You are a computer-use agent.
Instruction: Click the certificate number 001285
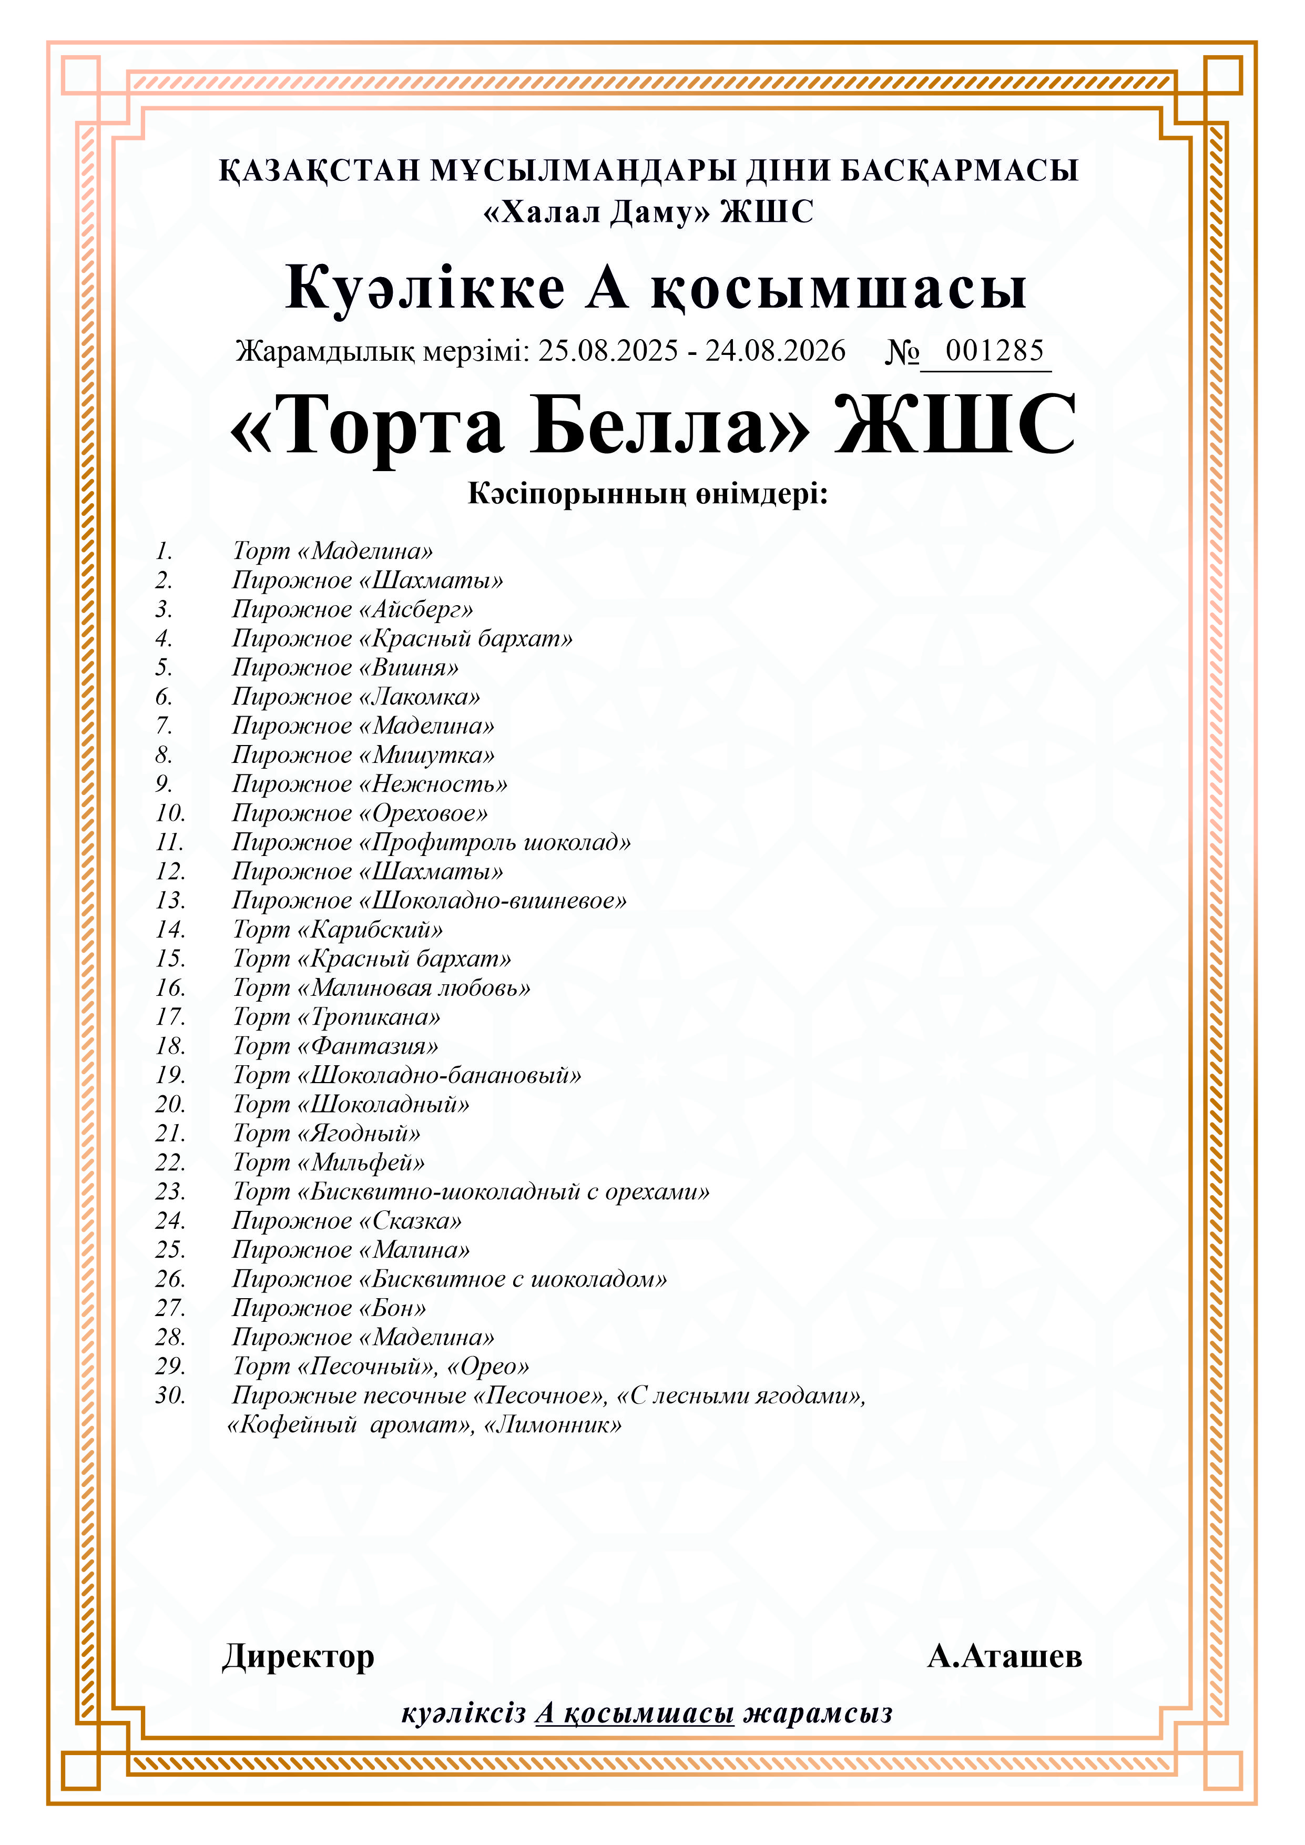(994, 351)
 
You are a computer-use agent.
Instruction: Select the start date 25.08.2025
(608, 351)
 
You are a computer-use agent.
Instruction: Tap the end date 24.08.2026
(776, 351)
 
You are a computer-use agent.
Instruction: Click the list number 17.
(170, 1017)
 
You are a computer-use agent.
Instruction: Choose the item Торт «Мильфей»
(329, 1163)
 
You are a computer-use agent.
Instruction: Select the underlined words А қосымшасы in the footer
(635, 1713)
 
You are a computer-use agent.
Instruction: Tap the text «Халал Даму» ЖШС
(648, 212)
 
